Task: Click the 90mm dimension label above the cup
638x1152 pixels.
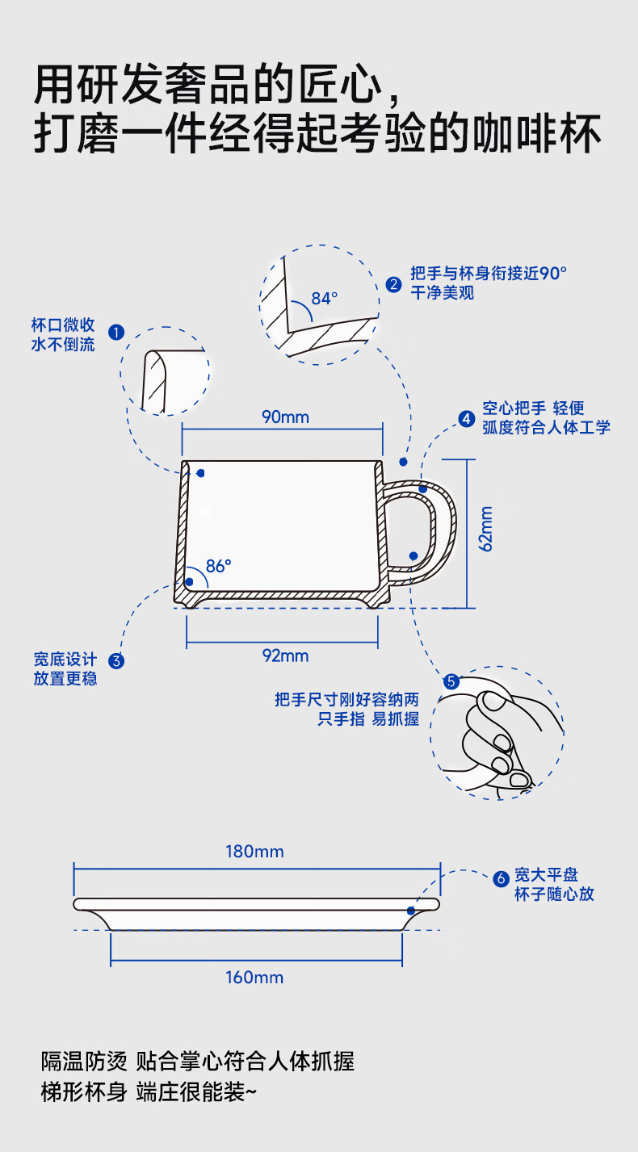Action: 285,417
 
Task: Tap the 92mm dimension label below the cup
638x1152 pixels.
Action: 285,656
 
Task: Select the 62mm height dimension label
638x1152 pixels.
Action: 486,529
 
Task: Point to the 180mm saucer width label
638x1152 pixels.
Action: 254,852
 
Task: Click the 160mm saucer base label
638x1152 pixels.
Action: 254,978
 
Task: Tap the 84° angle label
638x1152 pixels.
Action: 324,299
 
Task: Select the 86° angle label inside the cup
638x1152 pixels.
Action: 218,566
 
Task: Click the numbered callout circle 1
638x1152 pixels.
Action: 115,332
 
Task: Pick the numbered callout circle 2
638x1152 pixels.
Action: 393,283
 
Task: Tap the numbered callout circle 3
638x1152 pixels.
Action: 116,661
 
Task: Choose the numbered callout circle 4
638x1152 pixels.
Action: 466,418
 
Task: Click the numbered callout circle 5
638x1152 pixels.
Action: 451,681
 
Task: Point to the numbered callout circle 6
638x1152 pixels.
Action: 500,878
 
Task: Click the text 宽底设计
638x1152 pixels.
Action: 65,660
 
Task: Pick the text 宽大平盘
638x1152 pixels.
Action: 547,875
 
